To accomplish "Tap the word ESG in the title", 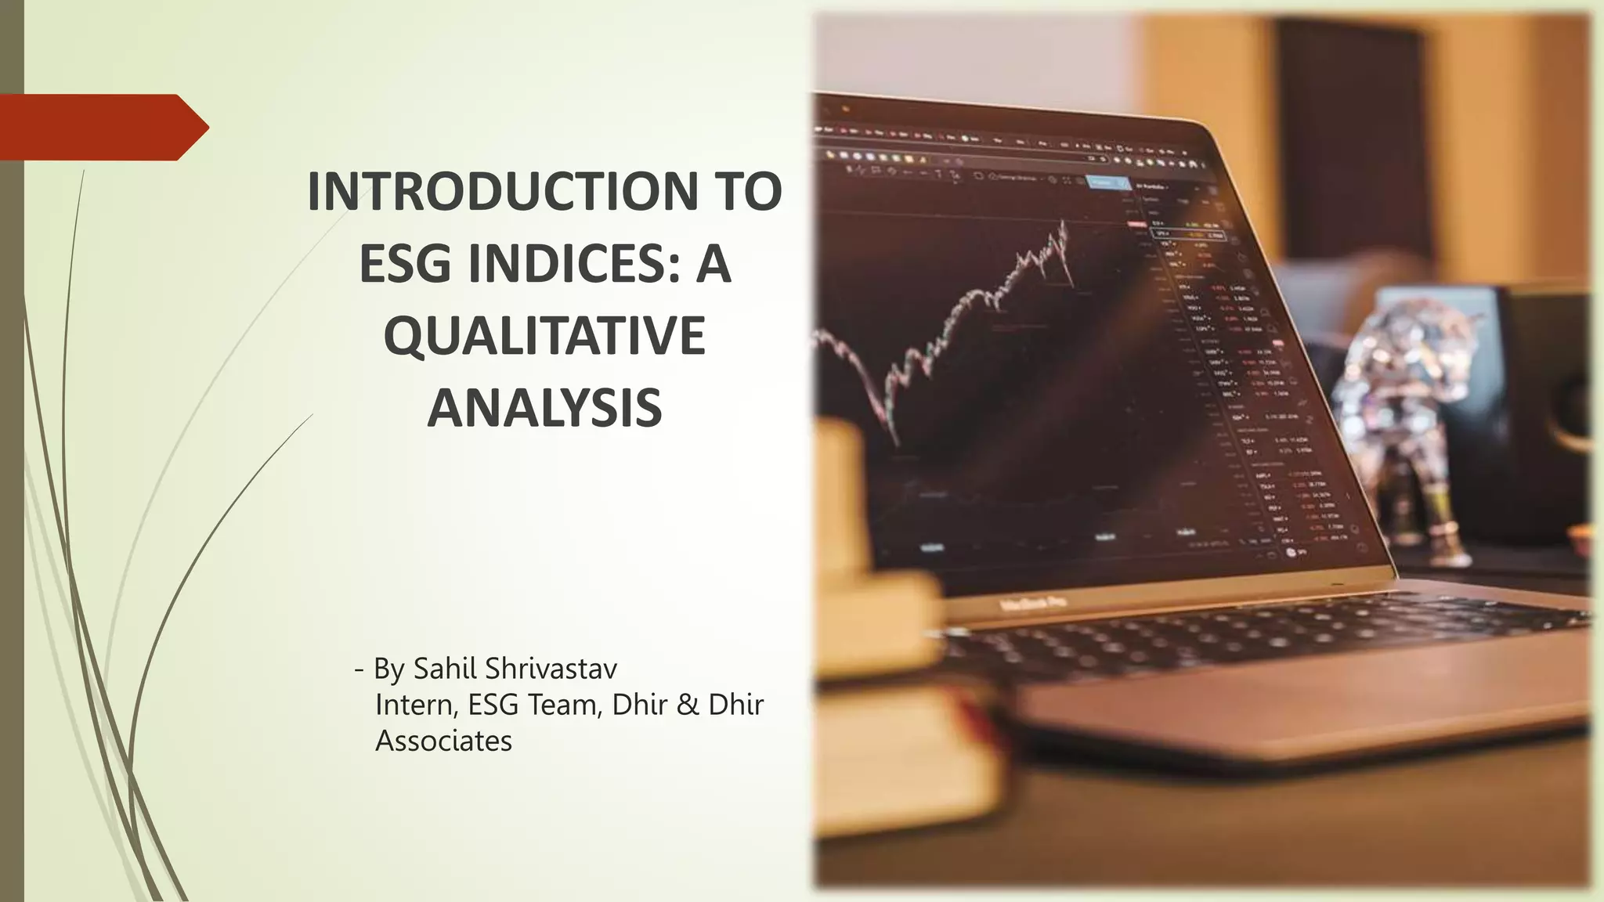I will point(409,264).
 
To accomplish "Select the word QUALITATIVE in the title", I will point(544,336).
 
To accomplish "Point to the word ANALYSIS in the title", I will point(544,408).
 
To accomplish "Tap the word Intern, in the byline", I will point(417,705).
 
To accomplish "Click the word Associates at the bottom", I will point(443,741).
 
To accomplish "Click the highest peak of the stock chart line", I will point(1064,222).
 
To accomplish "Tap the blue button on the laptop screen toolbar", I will point(1102,182).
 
